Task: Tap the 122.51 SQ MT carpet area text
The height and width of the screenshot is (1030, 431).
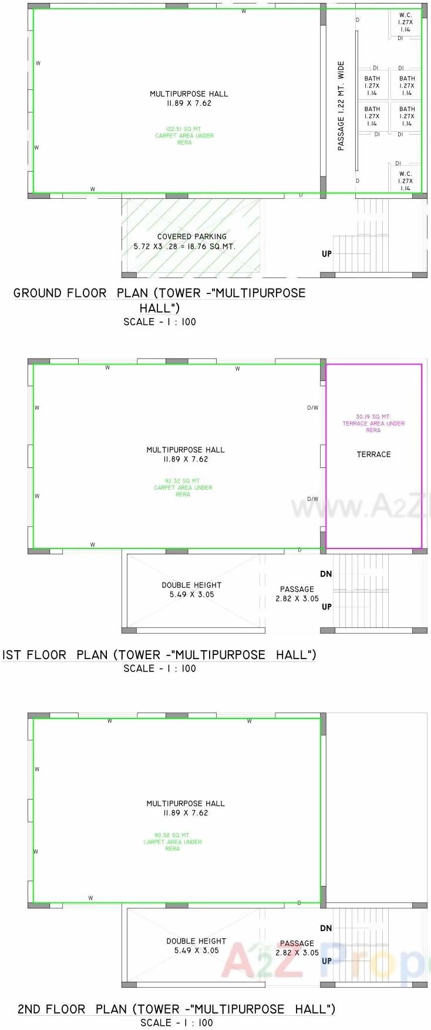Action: [x=184, y=136]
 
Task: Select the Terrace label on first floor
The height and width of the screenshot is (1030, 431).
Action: [x=373, y=454]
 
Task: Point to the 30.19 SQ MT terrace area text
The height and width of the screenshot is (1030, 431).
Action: [x=373, y=423]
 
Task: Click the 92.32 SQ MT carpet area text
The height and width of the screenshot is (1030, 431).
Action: [x=183, y=487]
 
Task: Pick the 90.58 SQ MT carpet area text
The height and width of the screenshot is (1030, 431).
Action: [x=173, y=842]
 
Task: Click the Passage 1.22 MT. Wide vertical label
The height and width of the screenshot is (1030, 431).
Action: [x=341, y=106]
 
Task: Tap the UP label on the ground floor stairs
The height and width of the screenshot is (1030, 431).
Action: [x=326, y=254]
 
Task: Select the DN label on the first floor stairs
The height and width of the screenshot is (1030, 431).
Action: [x=326, y=574]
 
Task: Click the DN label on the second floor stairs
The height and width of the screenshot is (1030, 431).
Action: [x=326, y=928]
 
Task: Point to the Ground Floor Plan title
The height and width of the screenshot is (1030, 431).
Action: [x=160, y=300]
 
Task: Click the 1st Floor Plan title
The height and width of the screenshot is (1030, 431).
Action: [x=159, y=655]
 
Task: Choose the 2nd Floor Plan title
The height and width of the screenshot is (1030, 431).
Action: [x=176, y=1009]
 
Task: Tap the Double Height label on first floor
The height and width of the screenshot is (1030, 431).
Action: [x=191, y=590]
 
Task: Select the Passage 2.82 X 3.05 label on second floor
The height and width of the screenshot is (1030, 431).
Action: [x=297, y=948]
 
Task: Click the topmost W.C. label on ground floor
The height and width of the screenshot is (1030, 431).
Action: [x=406, y=22]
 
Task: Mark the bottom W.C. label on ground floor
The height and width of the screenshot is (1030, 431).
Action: [x=406, y=181]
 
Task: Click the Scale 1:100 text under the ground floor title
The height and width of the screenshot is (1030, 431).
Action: [x=160, y=322]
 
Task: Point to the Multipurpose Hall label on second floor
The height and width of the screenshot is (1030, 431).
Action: [x=186, y=808]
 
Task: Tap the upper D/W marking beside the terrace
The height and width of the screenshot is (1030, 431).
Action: [x=313, y=407]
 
